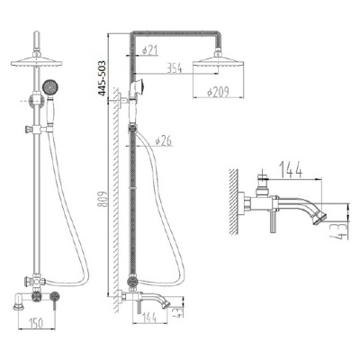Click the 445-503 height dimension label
click(x=103, y=78)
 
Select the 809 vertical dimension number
click(x=103, y=200)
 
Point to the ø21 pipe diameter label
click(x=149, y=50)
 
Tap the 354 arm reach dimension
click(x=174, y=68)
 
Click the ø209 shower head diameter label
click(x=219, y=92)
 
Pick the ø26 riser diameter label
click(x=164, y=140)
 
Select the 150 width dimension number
click(x=36, y=323)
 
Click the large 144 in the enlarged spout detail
click(x=291, y=169)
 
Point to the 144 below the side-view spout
click(x=148, y=318)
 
